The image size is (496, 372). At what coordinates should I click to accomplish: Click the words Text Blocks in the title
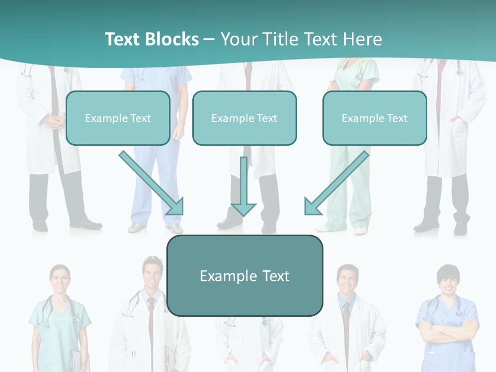pos(151,39)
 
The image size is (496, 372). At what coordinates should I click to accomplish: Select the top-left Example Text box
pos(118,118)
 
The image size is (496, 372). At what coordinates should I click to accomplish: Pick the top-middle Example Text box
pos(244,118)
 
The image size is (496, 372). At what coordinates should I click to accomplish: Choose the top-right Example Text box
pos(375,118)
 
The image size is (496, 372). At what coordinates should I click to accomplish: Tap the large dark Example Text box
pos(244,275)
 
